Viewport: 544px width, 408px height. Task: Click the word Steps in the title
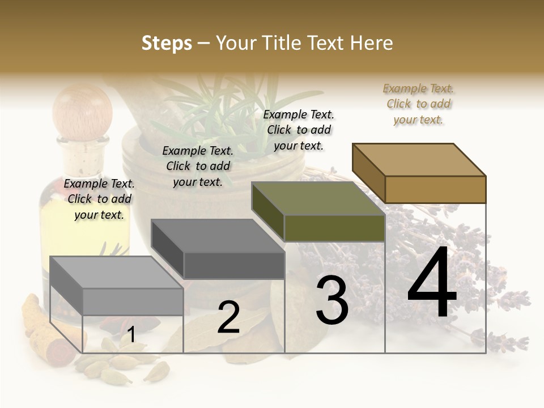click(166, 43)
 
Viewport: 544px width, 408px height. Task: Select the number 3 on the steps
click(332, 300)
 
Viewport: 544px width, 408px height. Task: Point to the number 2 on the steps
click(228, 317)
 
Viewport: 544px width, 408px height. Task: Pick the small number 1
click(131, 335)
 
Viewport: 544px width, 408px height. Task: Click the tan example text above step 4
click(418, 104)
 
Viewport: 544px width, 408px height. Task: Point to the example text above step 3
click(299, 130)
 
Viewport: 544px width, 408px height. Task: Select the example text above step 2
click(198, 166)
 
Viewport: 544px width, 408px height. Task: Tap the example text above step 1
click(99, 199)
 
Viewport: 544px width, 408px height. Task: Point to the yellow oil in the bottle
click(57, 227)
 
